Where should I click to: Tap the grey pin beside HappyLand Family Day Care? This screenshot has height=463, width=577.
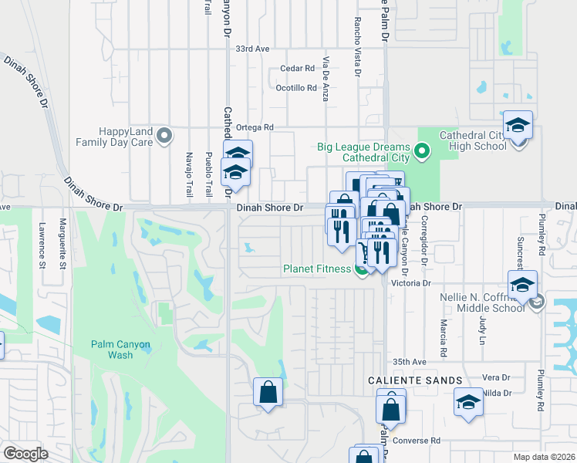click(x=164, y=137)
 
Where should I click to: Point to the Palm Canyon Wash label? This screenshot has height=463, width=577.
click(x=120, y=350)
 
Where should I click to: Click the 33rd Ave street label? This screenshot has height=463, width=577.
click(x=253, y=49)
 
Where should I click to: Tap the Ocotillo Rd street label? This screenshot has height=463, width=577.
click(x=296, y=88)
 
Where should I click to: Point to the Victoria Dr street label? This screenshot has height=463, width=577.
click(x=410, y=283)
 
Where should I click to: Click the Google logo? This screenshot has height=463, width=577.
click(x=26, y=453)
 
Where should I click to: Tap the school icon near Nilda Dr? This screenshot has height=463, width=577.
click(x=467, y=403)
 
